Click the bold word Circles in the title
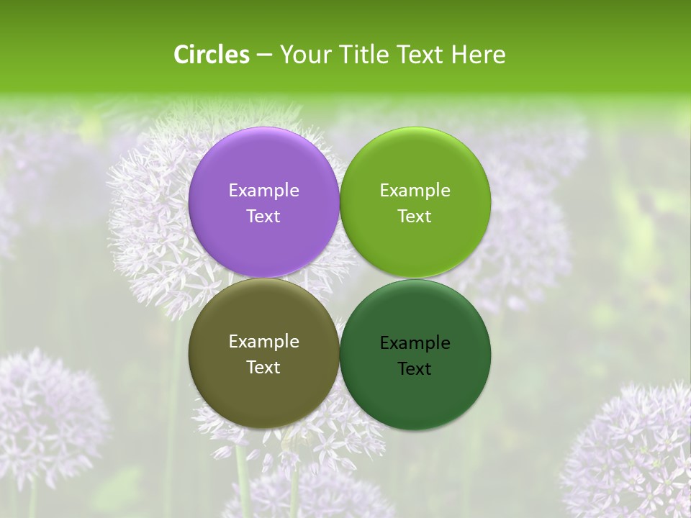click(212, 55)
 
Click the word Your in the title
click(304, 55)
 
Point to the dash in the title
click(264, 55)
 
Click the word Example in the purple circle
click(263, 191)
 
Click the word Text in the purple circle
click(263, 216)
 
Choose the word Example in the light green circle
click(415, 191)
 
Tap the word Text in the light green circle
click(415, 216)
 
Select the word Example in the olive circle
click(263, 342)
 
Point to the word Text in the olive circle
click(263, 367)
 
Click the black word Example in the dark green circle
click(415, 343)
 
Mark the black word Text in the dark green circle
click(415, 368)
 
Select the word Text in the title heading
click(422, 55)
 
